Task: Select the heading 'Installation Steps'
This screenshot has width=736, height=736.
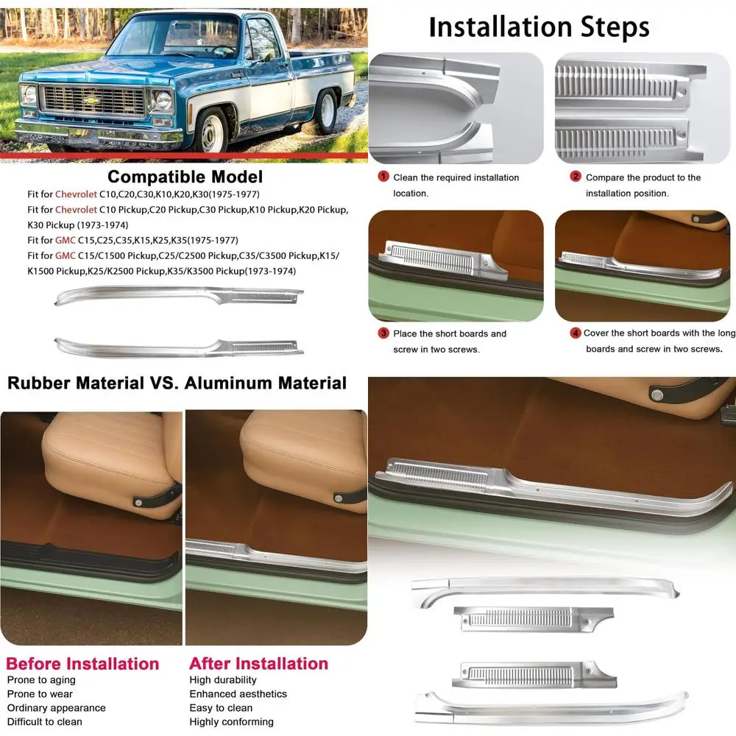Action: (x=539, y=27)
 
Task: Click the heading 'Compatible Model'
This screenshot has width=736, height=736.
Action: (x=185, y=177)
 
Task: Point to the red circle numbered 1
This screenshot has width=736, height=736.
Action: (x=383, y=177)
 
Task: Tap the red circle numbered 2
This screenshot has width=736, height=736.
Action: (x=576, y=177)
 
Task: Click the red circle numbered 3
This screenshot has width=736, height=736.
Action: (x=383, y=333)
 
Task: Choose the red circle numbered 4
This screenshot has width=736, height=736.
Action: (x=576, y=333)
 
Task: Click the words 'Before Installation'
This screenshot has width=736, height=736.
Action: (x=82, y=664)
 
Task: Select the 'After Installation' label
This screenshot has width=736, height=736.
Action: (x=258, y=664)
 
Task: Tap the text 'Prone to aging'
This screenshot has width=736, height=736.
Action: (x=41, y=680)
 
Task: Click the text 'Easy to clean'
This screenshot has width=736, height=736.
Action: (x=221, y=708)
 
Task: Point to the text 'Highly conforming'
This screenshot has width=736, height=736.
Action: (x=231, y=722)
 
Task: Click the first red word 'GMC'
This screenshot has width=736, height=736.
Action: (x=65, y=240)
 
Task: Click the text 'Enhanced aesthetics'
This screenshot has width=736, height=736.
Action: (x=238, y=694)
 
